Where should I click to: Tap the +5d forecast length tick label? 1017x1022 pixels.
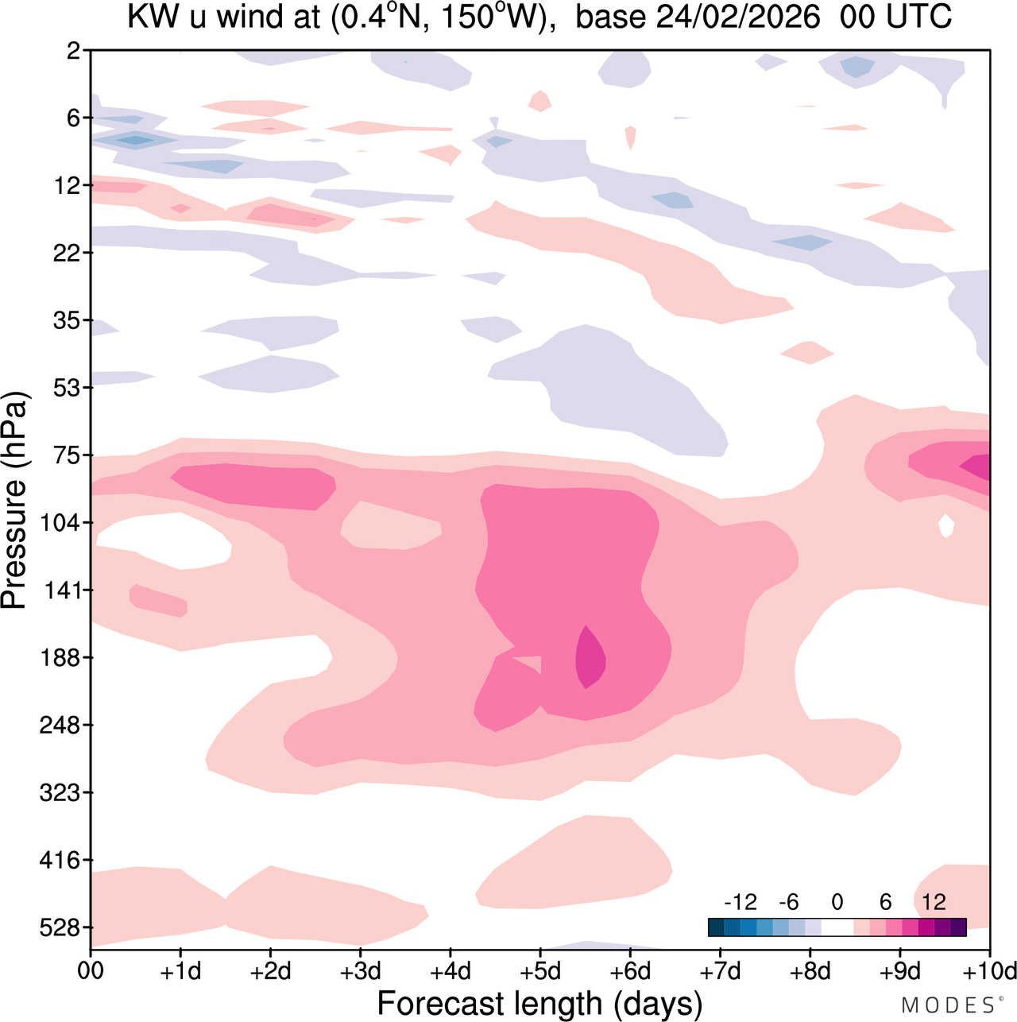540,971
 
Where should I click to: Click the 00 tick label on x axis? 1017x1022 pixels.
91,971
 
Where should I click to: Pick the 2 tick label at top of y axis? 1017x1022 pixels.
74,51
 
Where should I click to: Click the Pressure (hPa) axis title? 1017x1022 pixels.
14,501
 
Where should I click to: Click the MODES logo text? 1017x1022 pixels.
950,1005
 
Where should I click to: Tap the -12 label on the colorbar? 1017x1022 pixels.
740,902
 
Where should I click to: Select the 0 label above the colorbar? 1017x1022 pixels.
837,902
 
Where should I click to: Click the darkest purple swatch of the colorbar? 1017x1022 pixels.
958,927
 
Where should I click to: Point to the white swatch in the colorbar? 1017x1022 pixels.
837,927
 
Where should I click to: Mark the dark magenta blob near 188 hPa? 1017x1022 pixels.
590,657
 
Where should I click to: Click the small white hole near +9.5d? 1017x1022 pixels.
945,525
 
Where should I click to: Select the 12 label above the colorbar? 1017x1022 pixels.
934,902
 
